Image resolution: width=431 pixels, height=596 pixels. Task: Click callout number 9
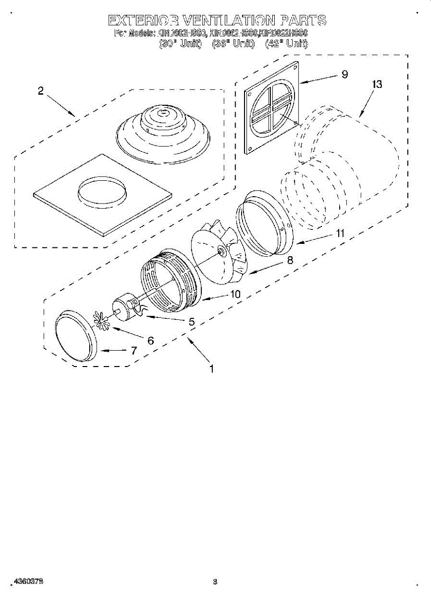[x=344, y=74]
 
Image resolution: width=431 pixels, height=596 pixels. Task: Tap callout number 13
[x=377, y=84]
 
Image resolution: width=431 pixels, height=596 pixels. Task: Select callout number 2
[x=41, y=91]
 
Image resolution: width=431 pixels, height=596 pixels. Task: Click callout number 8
[x=290, y=259]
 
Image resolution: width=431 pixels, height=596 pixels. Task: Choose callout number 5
[x=191, y=321]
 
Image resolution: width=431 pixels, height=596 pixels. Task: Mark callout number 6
[x=151, y=341]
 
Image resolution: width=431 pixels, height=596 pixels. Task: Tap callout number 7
[x=133, y=350]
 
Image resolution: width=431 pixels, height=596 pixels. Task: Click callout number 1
[x=212, y=369]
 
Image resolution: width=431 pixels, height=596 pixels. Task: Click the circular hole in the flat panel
[x=102, y=191]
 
